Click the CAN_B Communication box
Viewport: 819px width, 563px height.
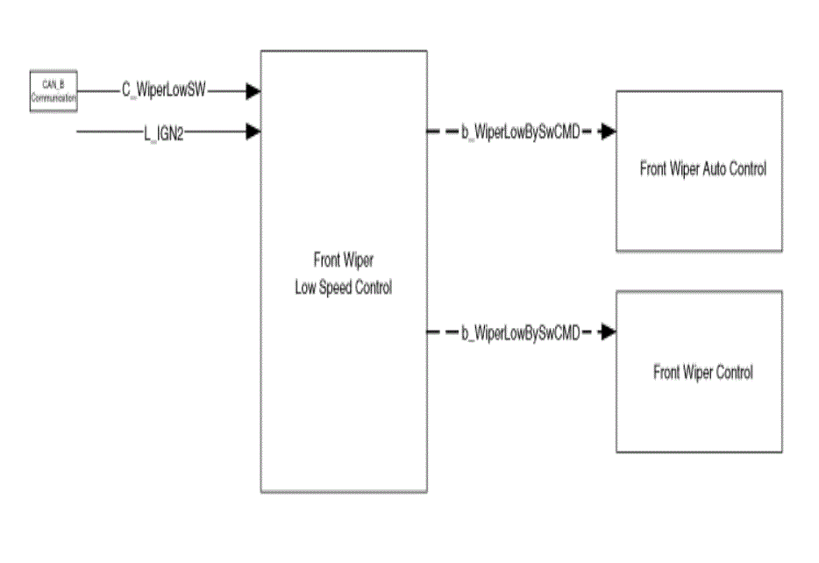(53, 91)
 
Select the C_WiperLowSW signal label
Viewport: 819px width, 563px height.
(164, 89)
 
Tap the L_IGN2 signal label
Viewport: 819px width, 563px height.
(164, 133)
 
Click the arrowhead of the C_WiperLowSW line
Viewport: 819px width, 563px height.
(253, 91)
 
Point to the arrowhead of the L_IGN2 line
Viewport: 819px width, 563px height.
(253, 131)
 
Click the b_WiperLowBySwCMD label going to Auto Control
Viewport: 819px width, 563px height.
(521, 132)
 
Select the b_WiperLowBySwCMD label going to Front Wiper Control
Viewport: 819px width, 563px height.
(521, 333)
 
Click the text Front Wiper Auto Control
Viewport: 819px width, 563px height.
(703, 168)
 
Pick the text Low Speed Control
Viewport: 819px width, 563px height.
(343, 288)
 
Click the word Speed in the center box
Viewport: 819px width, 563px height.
(335, 288)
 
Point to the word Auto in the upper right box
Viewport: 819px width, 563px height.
(715, 168)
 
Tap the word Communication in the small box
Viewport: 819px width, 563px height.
(53, 97)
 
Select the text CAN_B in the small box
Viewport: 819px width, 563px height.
(53, 84)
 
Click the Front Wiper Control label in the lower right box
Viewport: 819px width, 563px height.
(703, 373)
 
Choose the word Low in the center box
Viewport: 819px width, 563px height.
(305, 288)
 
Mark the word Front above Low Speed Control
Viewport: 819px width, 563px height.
(327, 260)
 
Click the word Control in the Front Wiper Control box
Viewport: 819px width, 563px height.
(735, 373)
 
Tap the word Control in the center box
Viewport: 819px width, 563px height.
(374, 288)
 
